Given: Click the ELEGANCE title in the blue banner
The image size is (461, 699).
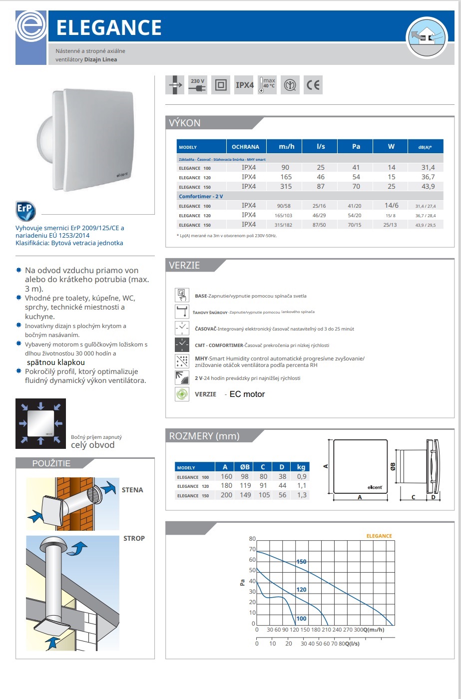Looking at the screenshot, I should pyautogui.click(x=109, y=27).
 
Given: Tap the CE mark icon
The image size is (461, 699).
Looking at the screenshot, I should pyautogui.click(x=313, y=85).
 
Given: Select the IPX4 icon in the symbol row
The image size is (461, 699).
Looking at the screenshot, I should pyautogui.click(x=244, y=85).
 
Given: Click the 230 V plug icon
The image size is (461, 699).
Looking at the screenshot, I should pyautogui.click(x=198, y=85).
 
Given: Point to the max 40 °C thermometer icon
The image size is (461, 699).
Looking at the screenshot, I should pyautogui.click(x=267, y=85).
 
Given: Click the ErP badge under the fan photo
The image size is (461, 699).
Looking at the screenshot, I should pyautogui.click(x=25, y=211).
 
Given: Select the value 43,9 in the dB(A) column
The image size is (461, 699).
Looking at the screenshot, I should pyautogui.click(x=428, y=186).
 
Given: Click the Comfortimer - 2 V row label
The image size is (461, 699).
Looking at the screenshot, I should pyautogui.click(x=201, y=196).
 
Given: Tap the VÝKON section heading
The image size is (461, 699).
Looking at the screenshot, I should pyautogui.click(x=185, y=123).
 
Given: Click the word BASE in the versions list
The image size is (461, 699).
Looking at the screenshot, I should pyautogui.click(x=201, y=296).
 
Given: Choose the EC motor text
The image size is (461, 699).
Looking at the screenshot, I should pyautogui.click(x=247, y=394).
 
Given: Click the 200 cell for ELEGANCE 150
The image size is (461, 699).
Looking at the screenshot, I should pyautogui.click(x=226, y=495).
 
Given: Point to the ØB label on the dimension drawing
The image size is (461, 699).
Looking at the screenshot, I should pyautogui.click(x=393, y=465).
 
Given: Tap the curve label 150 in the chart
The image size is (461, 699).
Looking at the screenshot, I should pyautogui.click(x=301, y=562).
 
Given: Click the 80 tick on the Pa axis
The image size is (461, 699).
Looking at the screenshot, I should pyautogui.click(x=252, y=539).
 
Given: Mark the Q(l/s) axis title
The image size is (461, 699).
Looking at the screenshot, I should pyautogui.click(x=352, y=643).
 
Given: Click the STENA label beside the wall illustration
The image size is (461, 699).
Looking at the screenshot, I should pyautogui.click(x=132, y=490).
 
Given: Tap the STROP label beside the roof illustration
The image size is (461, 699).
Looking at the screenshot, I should pyautogui.click(x=134, y=538).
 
